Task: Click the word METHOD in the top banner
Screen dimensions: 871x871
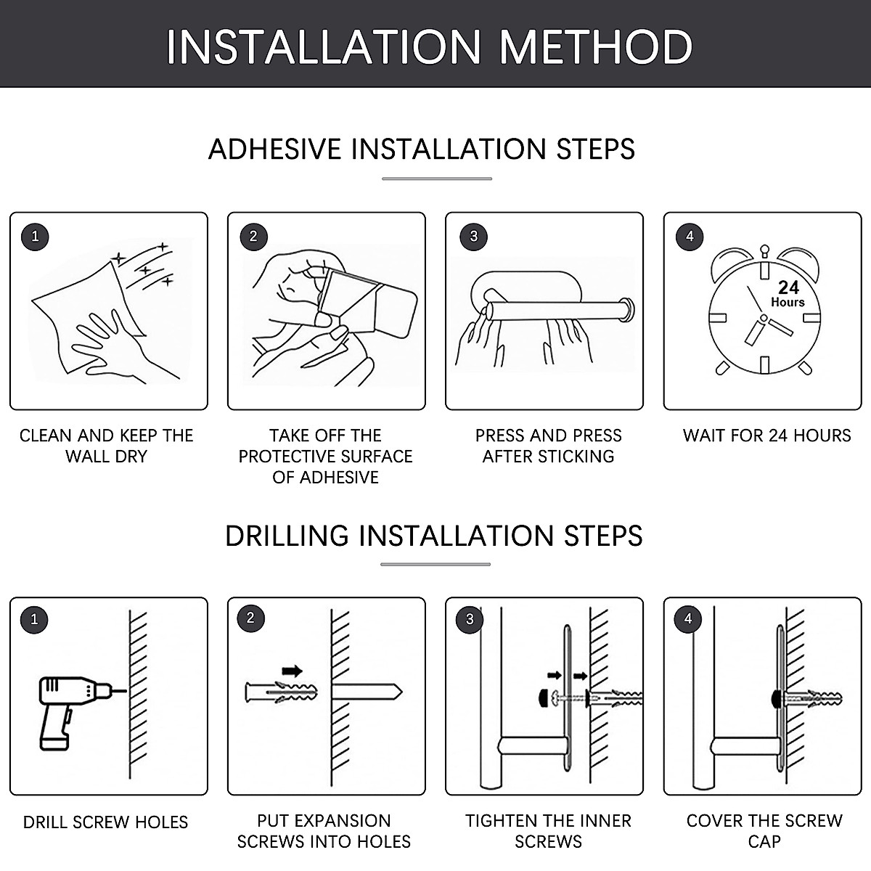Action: (x=596, y=47)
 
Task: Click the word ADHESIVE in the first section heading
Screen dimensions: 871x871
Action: (x=275, y=150)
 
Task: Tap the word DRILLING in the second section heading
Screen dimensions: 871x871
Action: (x=287, y=536)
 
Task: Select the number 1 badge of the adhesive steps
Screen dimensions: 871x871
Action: (x=35, y=237)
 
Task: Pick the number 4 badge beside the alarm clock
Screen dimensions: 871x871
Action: (x=690, y=237)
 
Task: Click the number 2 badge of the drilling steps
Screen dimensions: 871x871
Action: (x=251, y=618)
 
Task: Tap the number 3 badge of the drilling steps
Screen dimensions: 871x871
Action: (x=470, y=619)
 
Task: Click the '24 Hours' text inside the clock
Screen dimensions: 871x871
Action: (x=788, y=293)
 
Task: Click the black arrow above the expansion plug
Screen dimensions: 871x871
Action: (x=292, y=671)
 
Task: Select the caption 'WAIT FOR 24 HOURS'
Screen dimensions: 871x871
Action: (x=766, y=435)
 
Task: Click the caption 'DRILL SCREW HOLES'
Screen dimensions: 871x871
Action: (x=105, y=822)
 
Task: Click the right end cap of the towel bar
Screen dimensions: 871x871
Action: (x=627, y=309)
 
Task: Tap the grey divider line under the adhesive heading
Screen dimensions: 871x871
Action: (x=437, y=179)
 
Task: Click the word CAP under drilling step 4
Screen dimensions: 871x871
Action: (x=764, y=842)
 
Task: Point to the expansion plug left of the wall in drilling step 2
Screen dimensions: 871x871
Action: (x=281, y=693)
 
